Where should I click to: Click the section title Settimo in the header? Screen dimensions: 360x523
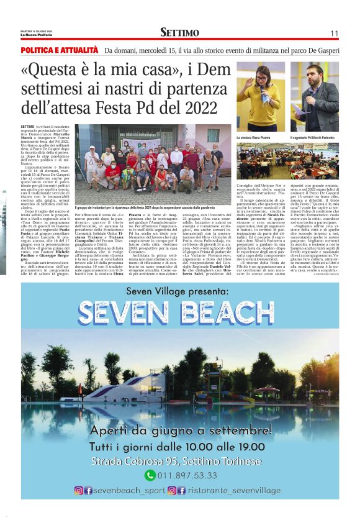point(179,33)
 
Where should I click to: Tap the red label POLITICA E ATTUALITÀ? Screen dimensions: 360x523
point(60,50)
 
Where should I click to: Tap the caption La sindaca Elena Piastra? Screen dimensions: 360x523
point(253,137)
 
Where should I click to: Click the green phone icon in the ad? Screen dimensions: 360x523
point(150,475)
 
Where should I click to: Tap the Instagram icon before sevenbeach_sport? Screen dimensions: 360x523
point(79,490)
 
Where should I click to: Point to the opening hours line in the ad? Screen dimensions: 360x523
point(180,447)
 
